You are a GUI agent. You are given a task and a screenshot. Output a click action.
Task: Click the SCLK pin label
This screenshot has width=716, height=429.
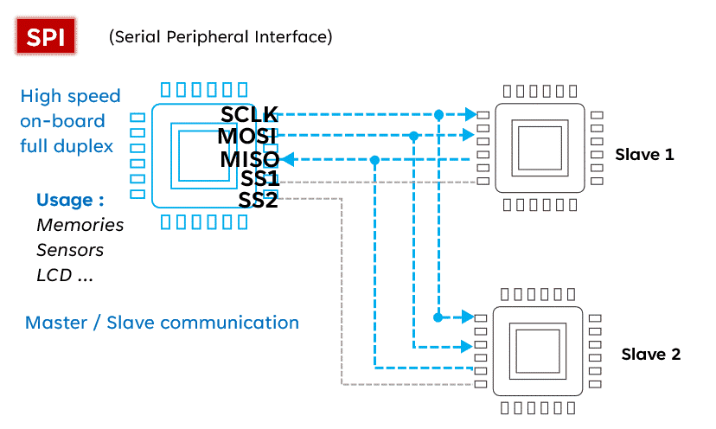pos(249,114)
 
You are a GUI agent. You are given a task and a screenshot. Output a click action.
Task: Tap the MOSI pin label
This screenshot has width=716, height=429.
pos(247,137)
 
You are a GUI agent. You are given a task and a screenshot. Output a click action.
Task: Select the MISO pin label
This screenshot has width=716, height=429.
pos(249,159)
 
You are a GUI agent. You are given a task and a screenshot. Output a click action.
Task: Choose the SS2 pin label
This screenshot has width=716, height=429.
pos(259,200)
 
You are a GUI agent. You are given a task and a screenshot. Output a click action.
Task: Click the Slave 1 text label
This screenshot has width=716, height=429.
pos(644,155)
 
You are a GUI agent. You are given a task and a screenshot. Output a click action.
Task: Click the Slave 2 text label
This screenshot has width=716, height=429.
pos(651,355)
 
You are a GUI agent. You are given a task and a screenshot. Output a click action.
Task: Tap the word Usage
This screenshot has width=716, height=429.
pos(70,200)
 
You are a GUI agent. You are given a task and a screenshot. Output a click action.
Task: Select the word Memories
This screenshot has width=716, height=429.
pos(80,225)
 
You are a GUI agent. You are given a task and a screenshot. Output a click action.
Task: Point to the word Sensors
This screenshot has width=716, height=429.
pos(70,250)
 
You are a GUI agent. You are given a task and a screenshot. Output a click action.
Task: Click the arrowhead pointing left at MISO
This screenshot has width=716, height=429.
pos(289,159)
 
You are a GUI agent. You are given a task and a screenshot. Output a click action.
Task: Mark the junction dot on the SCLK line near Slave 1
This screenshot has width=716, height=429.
pos(439,114)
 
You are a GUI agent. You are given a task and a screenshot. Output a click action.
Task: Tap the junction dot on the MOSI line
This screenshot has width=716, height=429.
pos(414,136)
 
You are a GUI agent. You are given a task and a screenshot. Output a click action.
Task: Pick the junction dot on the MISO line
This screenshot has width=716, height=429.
pos(374,159)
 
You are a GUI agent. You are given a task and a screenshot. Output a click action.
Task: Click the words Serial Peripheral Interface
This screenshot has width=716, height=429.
pos(221,37)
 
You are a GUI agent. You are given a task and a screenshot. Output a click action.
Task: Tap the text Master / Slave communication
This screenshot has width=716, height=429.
pos(162,323)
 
